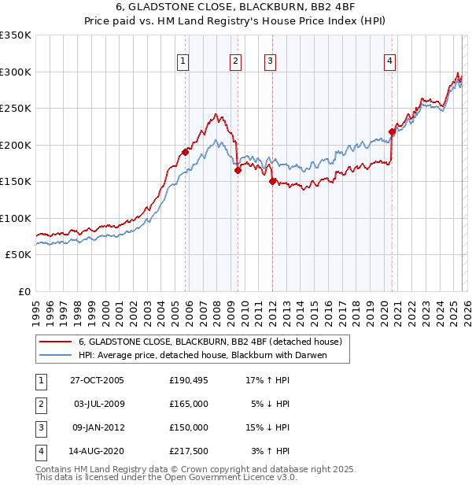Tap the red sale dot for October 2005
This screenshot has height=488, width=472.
(186, 152)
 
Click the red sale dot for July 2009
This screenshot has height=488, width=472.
(237, 170)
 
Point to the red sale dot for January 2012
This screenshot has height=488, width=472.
(272, 181)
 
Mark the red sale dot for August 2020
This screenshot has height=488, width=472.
(392, 132)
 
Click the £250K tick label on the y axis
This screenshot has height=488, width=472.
(15, 109)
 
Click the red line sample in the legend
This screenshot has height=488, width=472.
(54, 342)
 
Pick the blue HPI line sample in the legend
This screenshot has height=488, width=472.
(54, 356)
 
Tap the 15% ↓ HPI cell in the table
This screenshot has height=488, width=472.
(268, 427)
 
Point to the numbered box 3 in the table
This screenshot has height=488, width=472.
(39, 427)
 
